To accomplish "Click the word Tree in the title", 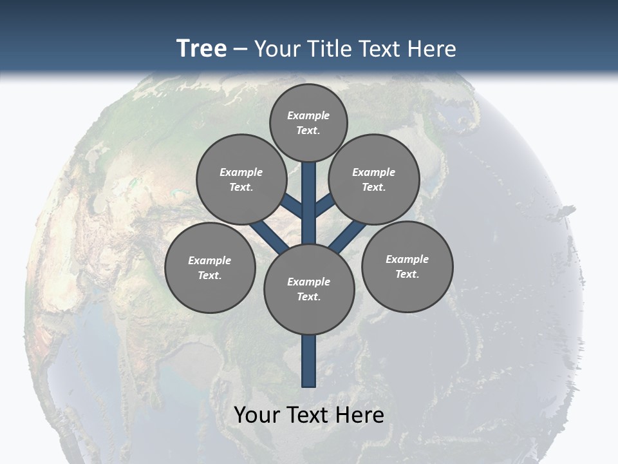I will tap(201, 49).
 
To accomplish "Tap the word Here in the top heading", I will tap(433, 49).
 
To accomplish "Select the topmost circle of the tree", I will tap(308, 123).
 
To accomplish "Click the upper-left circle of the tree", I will tap(241, 179).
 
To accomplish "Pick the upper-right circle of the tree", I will tap(374, 179).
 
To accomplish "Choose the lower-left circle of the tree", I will tap(210, 267).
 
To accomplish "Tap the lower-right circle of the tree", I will tap(407, 266).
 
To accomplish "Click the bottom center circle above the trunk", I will tap(309, 289).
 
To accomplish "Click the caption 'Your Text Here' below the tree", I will tap(309, 414).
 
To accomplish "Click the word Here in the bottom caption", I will tap(361, 414).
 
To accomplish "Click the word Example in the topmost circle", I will tap(308, 116).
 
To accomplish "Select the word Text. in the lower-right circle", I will tap(407, 274).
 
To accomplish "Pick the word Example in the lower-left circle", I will tap(210, 260).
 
